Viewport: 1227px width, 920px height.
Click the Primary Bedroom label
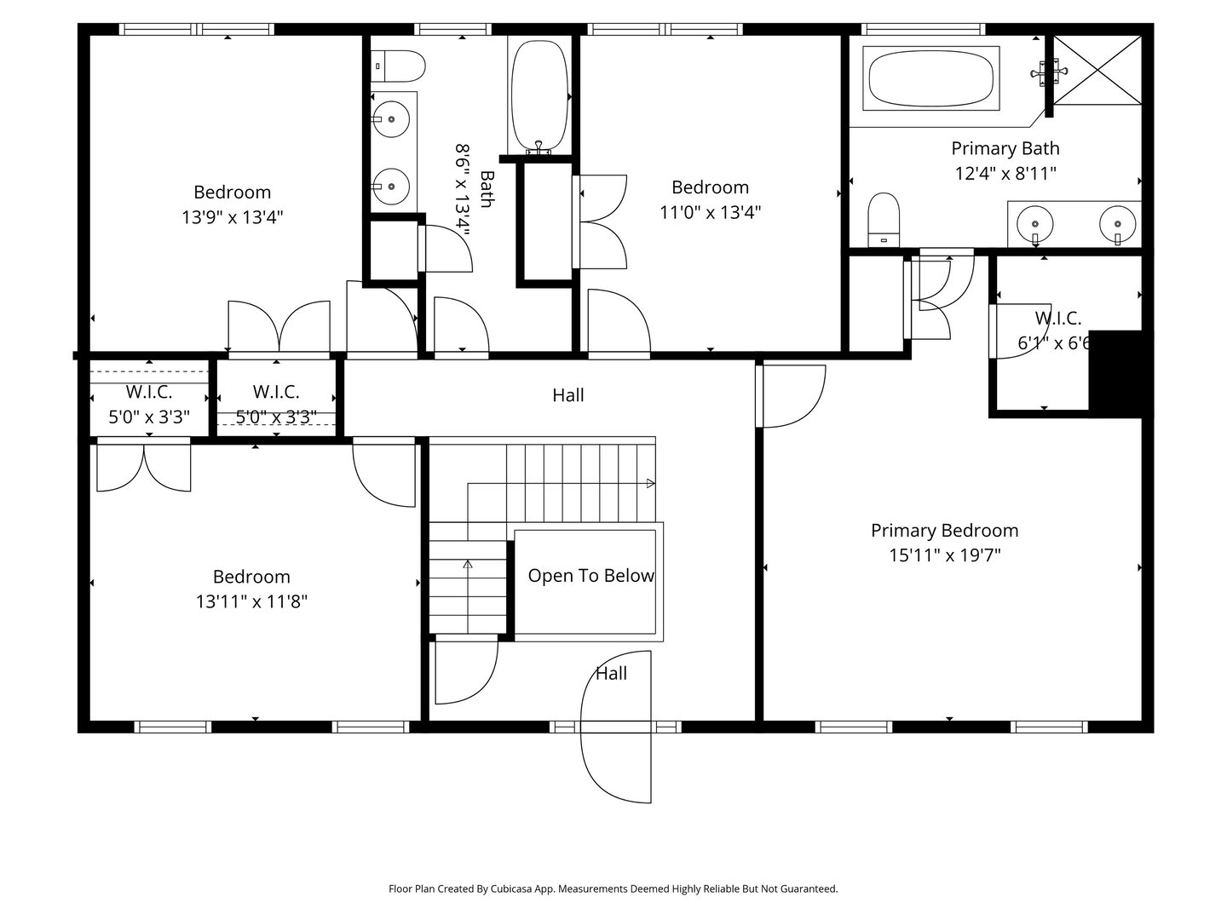[944, 531]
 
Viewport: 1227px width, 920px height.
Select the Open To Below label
[590, 576]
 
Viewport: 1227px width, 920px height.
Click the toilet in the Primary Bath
[884, 219]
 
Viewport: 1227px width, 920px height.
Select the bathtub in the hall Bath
[539, 94]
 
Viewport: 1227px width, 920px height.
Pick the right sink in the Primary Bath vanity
[1117, 225]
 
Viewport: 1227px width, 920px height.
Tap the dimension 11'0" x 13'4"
[710, 212]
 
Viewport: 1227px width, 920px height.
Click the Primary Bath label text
[1005, 148]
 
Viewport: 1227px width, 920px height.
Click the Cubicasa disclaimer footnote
[613, 888]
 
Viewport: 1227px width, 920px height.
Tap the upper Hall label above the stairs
[568, 395]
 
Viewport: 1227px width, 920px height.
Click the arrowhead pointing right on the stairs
[651, 484]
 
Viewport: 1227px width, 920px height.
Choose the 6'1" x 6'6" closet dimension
[1055, 344]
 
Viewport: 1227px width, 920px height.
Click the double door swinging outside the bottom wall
[616, 727]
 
